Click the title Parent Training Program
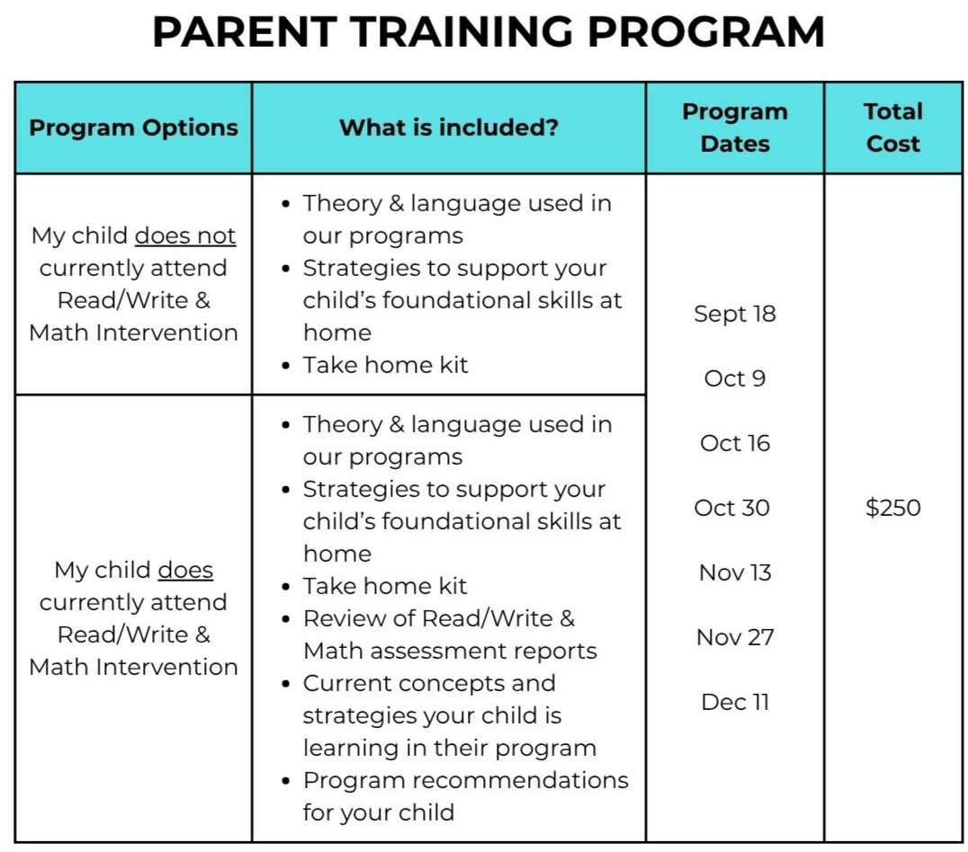tap(488, 32)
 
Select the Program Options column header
tap(133, 128)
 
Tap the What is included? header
tap(449, 127)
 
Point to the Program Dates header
tap(735, 128)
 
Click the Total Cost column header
tap(892, 128)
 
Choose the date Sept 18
tap(735, 314)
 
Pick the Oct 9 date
tap(735, 378)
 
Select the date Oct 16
tap(735, 443)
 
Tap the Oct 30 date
tap(731, 508)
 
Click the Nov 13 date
tap(735, 572)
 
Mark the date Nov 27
tap(735, 637)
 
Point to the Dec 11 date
tap(735, 702)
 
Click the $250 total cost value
tap(892, 508)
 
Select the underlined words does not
tap(185, 235)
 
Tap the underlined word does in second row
tap(185, 570)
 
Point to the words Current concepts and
tap(429, 683)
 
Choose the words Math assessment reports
tap(450, 651)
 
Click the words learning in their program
tap(450, 748)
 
